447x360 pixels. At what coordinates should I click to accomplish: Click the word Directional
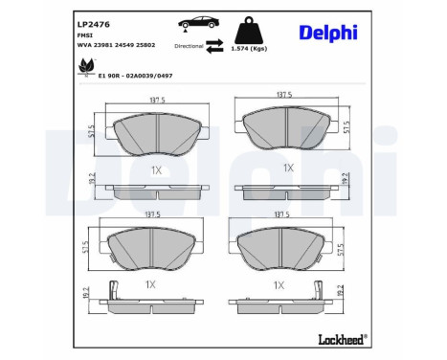190,45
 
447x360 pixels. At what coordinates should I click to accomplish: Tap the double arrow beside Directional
216,45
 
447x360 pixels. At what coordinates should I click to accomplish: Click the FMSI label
84,34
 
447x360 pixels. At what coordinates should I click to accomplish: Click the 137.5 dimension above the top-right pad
283,95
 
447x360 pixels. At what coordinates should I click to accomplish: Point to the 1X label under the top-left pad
156,169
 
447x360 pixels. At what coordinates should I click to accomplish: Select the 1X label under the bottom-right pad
279,284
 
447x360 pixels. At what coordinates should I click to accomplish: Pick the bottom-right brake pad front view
278,249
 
